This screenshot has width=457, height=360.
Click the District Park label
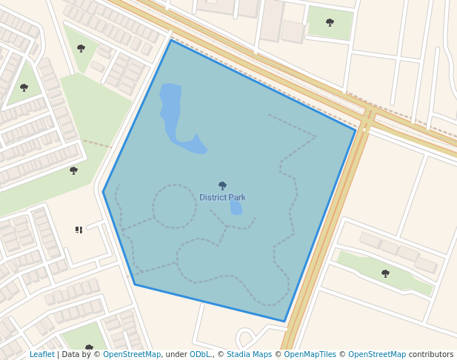pos(222,198)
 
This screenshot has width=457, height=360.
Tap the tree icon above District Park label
pos(222,185)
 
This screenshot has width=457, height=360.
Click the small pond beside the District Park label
pos(236,207)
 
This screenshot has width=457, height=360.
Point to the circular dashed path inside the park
pos(175,206)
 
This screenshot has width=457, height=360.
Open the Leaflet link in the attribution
pos(41,355)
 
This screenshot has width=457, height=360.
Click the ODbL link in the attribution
pos(199,355)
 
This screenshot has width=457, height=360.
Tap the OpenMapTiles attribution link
pos(310,355)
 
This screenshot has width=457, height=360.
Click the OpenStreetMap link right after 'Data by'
pos(132,355)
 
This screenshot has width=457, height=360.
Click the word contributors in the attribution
pos(431,355)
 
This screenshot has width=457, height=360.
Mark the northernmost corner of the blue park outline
pos(171,40)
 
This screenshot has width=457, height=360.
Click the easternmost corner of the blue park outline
pos(356,130)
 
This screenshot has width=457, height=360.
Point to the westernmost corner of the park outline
pos(103,192)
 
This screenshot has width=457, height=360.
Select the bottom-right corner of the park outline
pos(284,321)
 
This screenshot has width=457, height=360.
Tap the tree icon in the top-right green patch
pos(330,22)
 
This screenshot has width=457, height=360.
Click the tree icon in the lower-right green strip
pos(385,273)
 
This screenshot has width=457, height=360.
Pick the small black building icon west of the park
pos(79,230)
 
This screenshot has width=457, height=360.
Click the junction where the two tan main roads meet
pos(368,117)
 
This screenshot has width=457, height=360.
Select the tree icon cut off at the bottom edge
pos(89,347)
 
